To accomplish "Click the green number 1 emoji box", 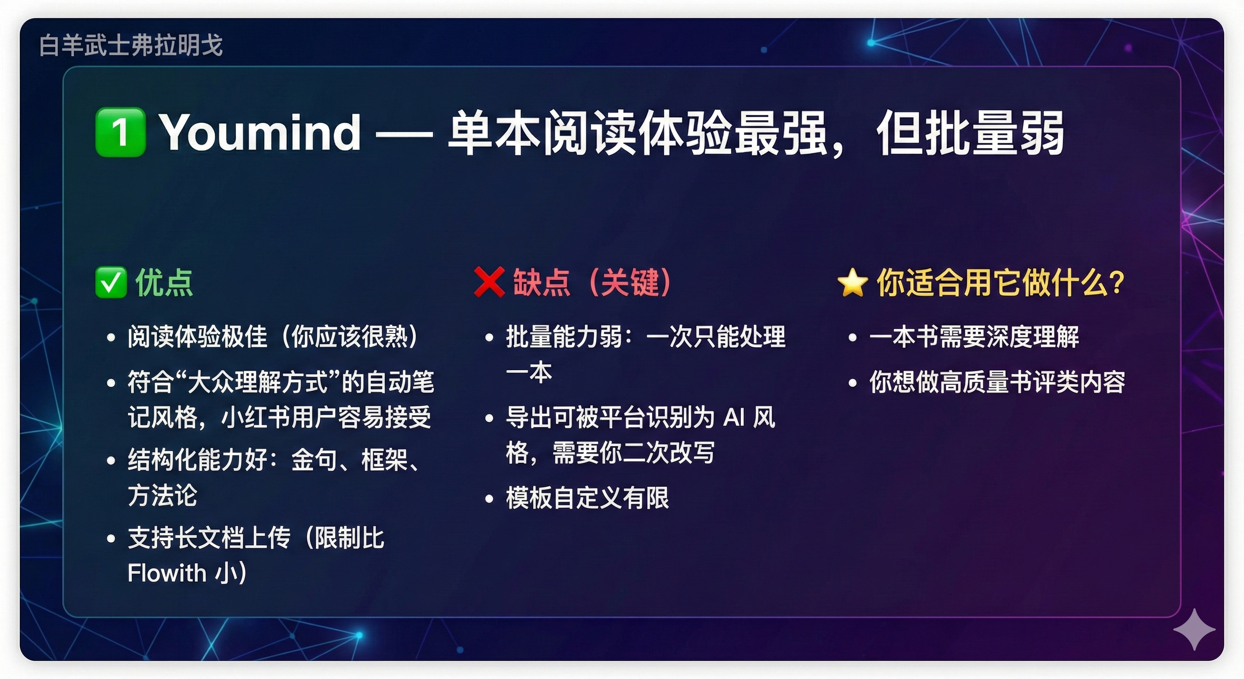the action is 120,132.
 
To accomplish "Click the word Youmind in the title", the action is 260,132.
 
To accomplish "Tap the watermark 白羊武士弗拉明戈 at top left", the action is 131,46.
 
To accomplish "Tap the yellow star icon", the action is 852,283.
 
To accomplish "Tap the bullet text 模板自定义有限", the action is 588,498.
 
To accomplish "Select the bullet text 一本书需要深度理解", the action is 975,337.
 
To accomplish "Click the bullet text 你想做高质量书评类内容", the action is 997,382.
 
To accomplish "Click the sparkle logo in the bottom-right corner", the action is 1194,629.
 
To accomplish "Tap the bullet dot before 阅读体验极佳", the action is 111,337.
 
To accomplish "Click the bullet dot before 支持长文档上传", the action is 111,538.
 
